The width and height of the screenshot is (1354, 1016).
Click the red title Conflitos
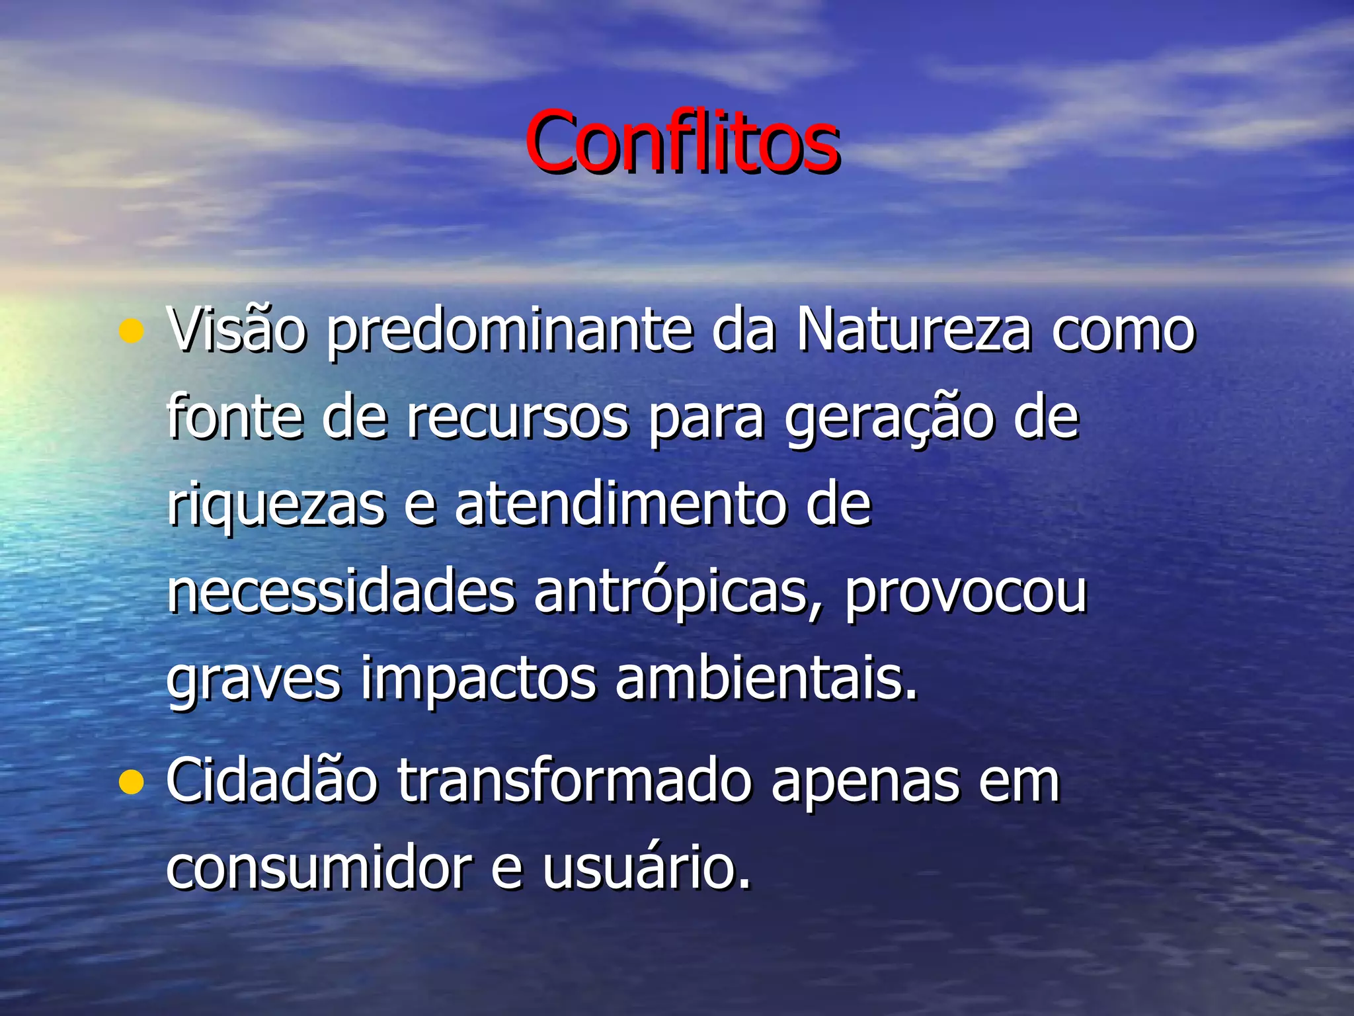point(682,142)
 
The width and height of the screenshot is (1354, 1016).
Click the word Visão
point(236,329)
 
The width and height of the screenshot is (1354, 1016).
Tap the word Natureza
point(913,329)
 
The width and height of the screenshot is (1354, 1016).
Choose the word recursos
point(518,418)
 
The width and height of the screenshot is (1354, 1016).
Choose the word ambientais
point(767,679)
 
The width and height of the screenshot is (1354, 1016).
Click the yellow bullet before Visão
point(132,332)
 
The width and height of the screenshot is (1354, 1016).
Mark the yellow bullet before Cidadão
point(132,783)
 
